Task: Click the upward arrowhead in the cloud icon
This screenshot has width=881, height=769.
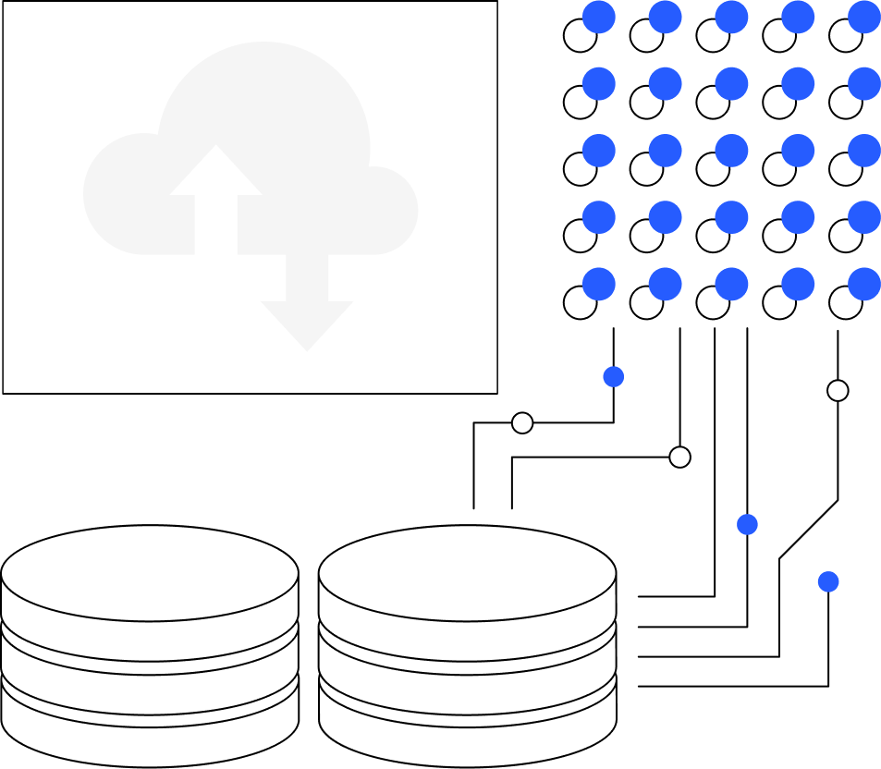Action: (216, 172)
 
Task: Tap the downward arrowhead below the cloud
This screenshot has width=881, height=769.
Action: (307, 323)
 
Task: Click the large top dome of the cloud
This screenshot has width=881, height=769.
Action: (264, 102)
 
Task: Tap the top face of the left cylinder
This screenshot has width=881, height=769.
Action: (150, 573)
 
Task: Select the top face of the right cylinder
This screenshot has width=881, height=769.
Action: (468, 573)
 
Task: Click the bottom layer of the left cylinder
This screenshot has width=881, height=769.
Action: (150, 744)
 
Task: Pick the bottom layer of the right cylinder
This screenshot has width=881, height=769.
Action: (468, 744)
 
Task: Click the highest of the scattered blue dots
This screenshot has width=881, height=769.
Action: (613, 376)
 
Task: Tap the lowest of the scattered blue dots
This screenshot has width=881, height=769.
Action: (828, 581)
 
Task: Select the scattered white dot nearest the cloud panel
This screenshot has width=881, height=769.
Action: (522, 422)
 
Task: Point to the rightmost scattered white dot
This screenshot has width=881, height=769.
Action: (838, 390)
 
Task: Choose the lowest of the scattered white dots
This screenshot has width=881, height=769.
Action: (679, 457)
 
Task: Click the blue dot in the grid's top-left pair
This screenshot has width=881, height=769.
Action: (599, 17)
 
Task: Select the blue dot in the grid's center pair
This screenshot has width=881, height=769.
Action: (732, 150)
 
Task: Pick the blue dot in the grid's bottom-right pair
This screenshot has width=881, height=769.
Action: (865, 283)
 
